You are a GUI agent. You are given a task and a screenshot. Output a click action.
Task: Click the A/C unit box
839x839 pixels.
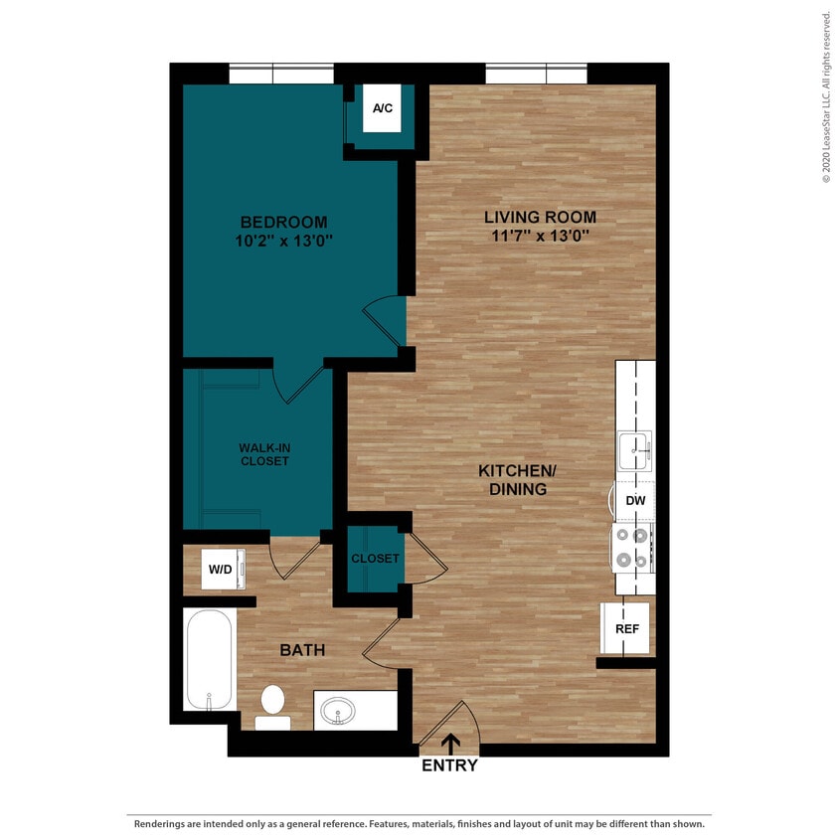(382, 110)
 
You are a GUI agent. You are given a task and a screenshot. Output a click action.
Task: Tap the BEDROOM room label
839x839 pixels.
(283, 222)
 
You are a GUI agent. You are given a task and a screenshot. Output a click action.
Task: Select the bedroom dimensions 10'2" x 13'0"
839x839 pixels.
(283, 240)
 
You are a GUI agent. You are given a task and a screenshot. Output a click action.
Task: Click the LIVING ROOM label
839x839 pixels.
(540, 217)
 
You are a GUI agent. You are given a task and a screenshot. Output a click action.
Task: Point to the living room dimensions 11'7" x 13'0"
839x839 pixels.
(540, 236)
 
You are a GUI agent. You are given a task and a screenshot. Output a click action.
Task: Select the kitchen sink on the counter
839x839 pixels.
(634, 450)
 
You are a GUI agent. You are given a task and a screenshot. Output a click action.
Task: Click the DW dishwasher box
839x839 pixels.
(635, 501)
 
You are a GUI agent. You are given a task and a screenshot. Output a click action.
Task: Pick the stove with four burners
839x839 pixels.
(633, 548)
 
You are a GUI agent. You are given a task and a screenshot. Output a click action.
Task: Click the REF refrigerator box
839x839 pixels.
(626, 628)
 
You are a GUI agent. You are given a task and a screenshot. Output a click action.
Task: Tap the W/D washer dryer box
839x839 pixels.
(220, 571)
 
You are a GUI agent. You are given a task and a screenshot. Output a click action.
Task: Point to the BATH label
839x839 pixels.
(302, 650)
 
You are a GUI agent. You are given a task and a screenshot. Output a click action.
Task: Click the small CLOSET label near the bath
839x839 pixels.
(375, 559)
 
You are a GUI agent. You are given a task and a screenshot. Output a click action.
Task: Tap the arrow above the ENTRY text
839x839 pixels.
(450, 743)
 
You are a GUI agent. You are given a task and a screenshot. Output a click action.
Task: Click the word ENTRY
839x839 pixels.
(449, 765)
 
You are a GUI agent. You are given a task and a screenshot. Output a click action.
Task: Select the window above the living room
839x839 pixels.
(536, 74)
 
